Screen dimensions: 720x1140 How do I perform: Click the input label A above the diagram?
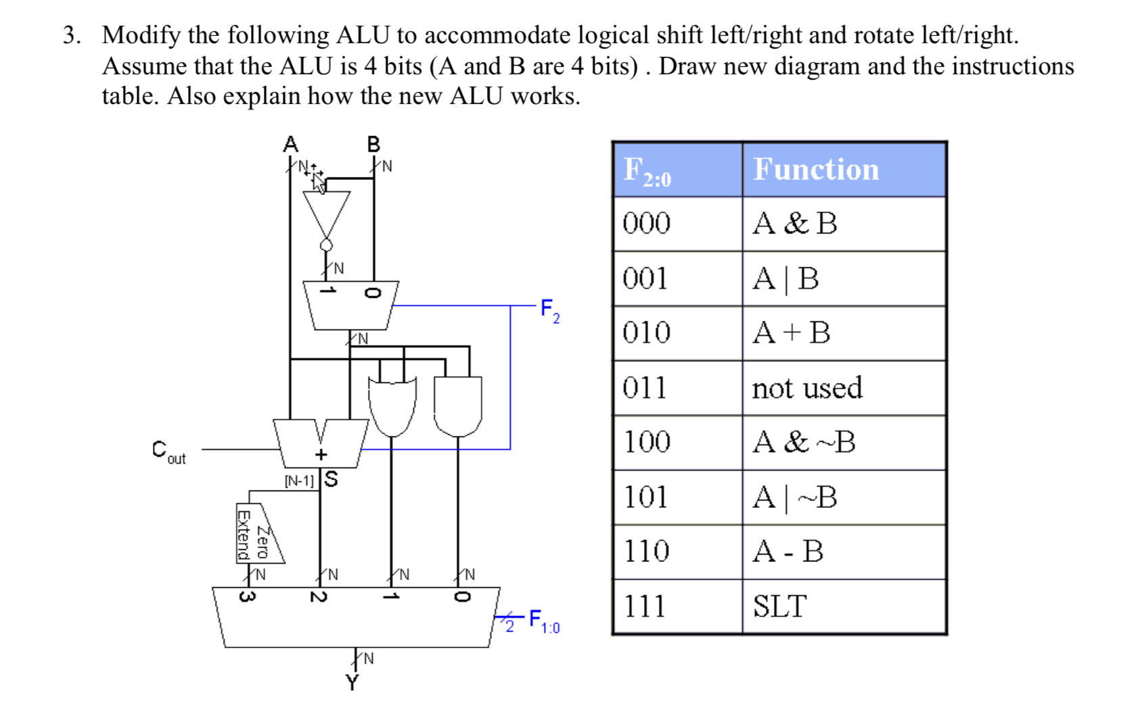click(x=290, y=144)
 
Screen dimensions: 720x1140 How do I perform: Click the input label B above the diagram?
click(x=373, y=144)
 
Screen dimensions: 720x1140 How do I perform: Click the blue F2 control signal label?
click(x=549, y=310)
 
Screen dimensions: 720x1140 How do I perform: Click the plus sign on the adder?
click(x=321, y=454)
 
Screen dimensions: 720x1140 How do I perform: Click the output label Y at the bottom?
click(x=352, y=683)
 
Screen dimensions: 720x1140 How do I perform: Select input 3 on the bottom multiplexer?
click(x=248, y=597)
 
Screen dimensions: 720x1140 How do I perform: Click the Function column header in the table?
click(x=816, y=169)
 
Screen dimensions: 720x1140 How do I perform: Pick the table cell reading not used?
click(x=806, y=388)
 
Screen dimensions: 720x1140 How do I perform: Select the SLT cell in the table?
click(x=779, y=606)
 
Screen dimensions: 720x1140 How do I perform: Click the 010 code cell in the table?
click(x=647, y=333)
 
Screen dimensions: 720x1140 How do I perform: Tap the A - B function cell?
click(x=788, y=552)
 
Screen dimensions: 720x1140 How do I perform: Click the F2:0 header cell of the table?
click(x=647, y=170)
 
